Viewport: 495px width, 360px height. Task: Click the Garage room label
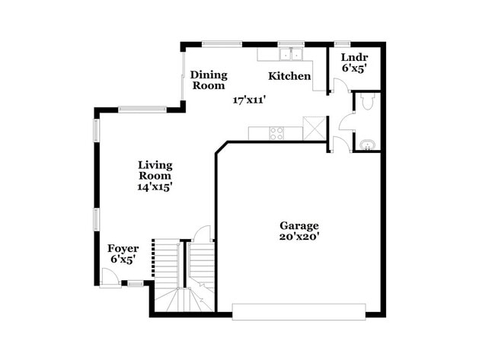[299, 225]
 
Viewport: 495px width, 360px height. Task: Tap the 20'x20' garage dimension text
[299, 237]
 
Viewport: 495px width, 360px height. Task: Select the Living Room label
[155, 170]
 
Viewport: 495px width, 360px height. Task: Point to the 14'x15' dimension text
[155, 187]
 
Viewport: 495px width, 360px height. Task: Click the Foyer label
[123, 248]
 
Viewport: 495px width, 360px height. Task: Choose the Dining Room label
[208, 80]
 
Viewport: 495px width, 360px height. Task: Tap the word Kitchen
[289, 76]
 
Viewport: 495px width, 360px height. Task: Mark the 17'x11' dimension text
[249, 100]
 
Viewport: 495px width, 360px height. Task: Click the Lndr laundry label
[354, 57]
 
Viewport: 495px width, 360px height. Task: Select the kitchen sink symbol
[289, 54]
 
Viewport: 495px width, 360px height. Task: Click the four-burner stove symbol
[276, 133]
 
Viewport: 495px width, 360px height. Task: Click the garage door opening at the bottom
[299, 311]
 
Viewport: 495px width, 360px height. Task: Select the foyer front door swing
[109, 278]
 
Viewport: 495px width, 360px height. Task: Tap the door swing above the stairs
[203, 234]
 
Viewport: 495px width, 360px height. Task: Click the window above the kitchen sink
[289, 43]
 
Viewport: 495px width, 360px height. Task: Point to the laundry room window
[343, 43]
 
